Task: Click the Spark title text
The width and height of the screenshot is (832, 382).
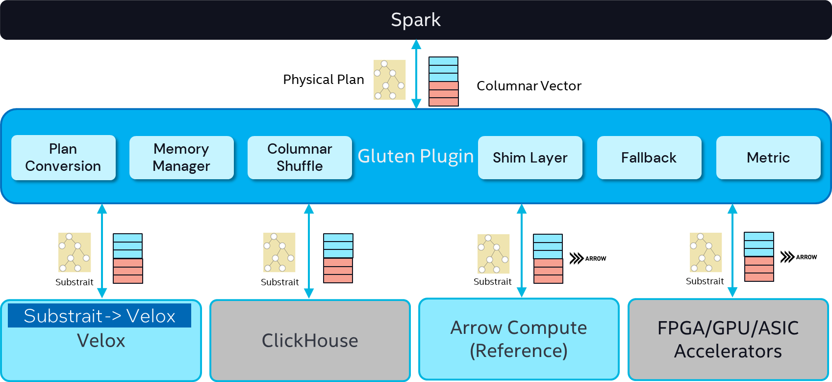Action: (415, 20)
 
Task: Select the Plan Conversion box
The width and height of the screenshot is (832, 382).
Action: (63, 158)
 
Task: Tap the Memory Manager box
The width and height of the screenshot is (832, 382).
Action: (181, 158)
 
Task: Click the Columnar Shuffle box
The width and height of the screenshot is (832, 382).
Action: (300, 158)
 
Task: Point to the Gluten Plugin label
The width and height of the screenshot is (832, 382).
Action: (415, 156)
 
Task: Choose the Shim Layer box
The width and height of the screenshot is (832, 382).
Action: (530, 158)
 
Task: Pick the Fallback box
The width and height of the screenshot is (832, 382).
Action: (649, 158)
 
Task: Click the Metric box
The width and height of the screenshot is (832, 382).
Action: (768, 158)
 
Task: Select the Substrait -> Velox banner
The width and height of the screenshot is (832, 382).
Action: (100, 316)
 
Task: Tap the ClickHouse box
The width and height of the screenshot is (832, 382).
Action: (310, 340)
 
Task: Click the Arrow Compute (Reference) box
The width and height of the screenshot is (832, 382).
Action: (519, 339)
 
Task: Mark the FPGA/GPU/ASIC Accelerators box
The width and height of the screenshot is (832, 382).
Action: (728, 339)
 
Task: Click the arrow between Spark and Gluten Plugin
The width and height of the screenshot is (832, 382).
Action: (416, 74)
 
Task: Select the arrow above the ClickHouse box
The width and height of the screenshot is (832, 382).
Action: (309, 251)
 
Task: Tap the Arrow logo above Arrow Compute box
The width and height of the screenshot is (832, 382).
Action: (588, 258)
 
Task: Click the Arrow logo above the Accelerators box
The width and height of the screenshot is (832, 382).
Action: (799, 257)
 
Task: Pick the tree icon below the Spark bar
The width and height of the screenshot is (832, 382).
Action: (390, 80)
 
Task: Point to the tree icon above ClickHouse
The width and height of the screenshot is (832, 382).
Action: (279, 252)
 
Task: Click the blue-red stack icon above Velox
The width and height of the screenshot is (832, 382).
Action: (128, 258)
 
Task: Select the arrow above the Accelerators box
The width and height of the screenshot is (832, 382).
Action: (732, 250)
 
